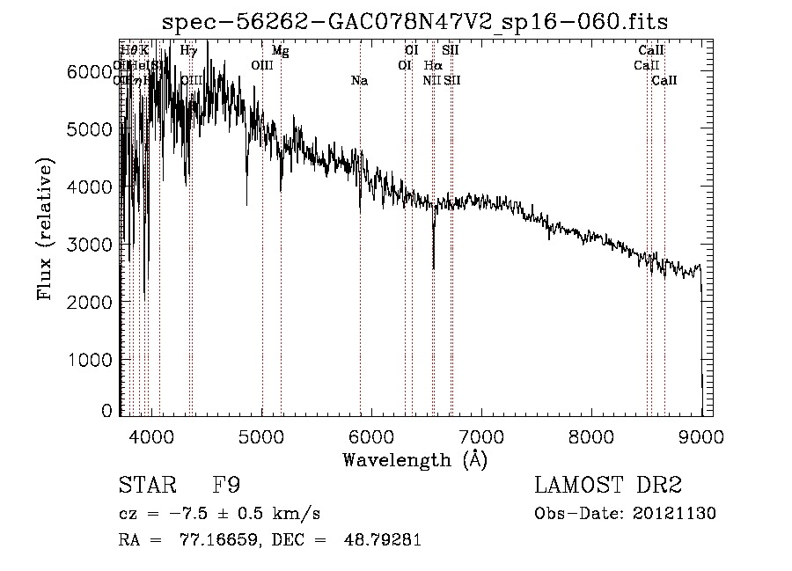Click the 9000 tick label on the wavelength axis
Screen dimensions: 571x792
701,436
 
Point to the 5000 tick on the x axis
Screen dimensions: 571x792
261,436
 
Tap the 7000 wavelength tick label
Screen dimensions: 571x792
481,436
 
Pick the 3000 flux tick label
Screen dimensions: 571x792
89,245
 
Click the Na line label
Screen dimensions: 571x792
359,81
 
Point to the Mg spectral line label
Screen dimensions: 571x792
280,51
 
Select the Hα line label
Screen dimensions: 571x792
432,65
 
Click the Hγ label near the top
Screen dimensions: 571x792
188,51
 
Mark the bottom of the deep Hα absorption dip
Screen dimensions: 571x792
433,267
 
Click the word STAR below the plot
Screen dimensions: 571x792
145,486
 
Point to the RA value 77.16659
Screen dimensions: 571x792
205,541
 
